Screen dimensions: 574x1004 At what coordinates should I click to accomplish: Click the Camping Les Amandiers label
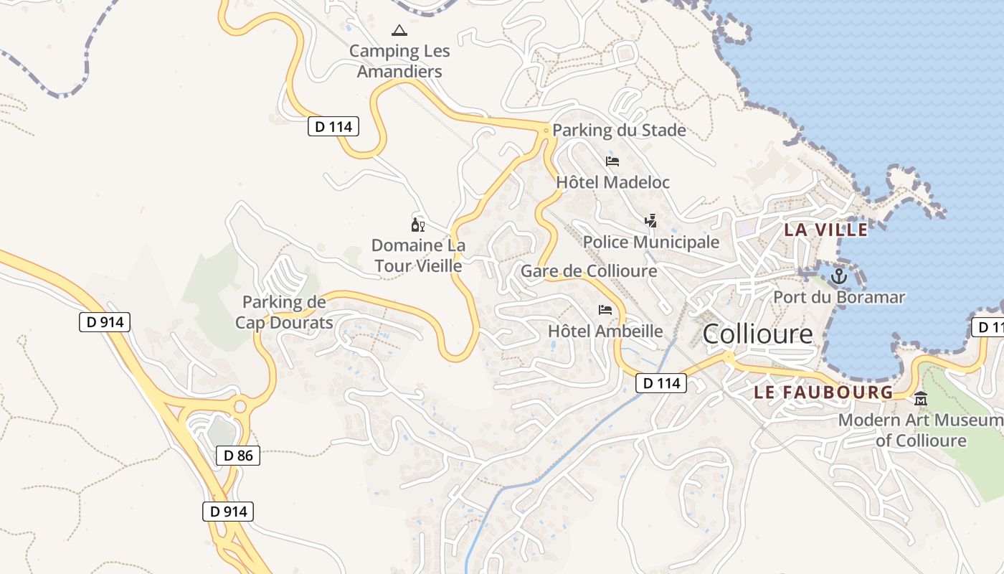click(x=400, y=61)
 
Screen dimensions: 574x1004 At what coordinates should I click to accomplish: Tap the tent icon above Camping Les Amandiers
click(x=399, y=30)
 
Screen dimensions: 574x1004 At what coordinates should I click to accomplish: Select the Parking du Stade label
click(x=619, y=131)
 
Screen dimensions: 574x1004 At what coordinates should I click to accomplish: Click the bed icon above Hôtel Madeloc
click(x=612, y=161)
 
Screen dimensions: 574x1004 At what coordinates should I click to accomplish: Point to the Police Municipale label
click(x=650, y=242)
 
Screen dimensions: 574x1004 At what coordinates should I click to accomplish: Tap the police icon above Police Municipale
click(x=650, y=221)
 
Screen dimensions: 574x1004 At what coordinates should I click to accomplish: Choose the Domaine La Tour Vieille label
click(x=418, y=255)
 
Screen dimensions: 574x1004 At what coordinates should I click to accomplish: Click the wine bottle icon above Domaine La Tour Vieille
click(x=417, y=225)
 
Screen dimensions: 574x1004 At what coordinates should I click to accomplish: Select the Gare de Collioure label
click(x=589, y=270)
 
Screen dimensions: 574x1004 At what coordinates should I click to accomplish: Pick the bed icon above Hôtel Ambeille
click(x=605, y=310)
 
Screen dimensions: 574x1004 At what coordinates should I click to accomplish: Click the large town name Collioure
click(x=758, y=334)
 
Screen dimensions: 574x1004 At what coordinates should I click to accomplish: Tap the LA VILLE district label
click(x=825, y=230)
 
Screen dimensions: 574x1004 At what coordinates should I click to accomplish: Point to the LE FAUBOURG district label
click(x=824, y=392)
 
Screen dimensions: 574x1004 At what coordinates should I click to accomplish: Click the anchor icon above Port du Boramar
click(x=838, y=276)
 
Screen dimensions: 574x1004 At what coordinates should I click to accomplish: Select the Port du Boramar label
click(x=839, y=297)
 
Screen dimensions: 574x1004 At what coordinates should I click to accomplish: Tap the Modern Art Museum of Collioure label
click(x=921, y=430)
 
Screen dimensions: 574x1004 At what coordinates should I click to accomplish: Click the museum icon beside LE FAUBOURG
click(x=921, y=398)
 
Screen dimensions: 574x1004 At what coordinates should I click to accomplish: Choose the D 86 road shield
click(x=238, y=456)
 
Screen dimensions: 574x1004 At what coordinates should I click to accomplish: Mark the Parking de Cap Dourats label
click(x=284, y=312)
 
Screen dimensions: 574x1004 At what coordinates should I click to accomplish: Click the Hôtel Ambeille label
click(x=605, y=331)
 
